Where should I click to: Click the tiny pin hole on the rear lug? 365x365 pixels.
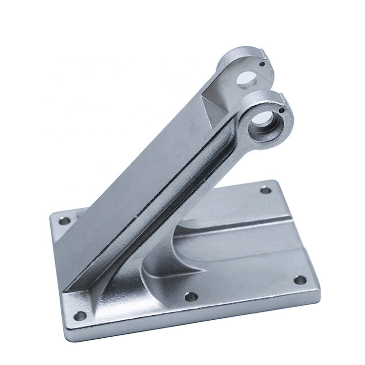(262, 63)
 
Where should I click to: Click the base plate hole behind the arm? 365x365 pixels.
(64, 221)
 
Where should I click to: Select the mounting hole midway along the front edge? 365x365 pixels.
(192, 296)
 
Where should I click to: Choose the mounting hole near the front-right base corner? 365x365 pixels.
(300, 280)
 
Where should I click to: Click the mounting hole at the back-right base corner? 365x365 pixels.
(266, 190)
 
